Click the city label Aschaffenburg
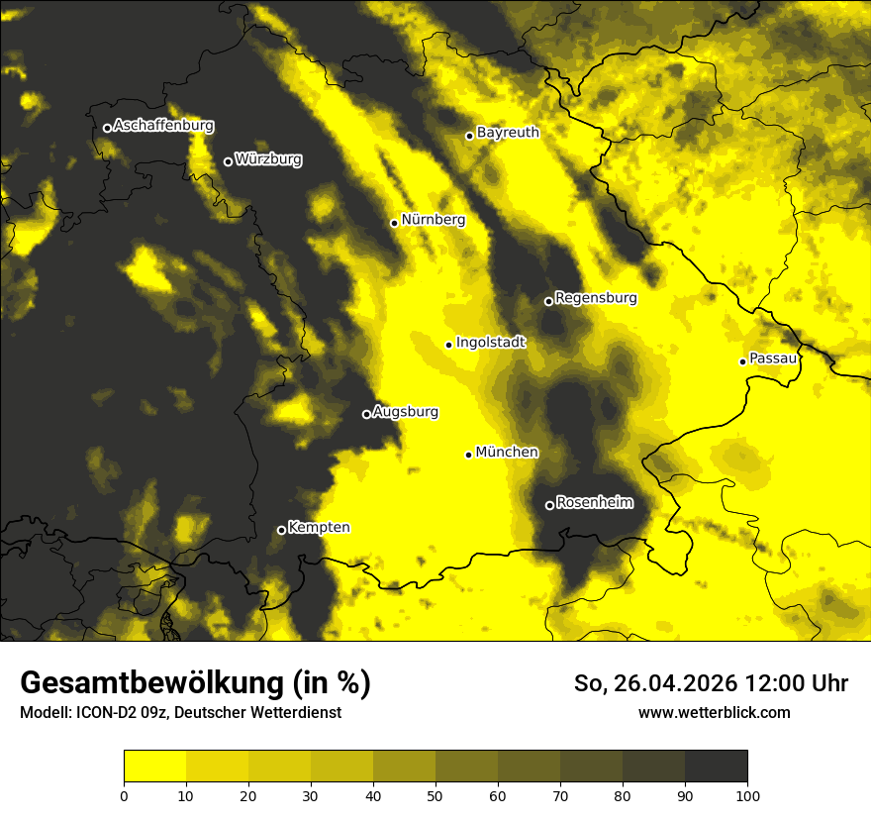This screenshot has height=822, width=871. point(163,126)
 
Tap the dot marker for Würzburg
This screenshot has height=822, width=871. point(228,161)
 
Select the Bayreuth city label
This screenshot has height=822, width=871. point(508,133)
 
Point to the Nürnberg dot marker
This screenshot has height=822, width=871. point(394,223)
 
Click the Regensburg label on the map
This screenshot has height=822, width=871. point(596,298)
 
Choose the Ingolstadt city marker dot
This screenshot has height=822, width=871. point(449,345)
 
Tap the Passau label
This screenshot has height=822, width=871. point(773,359)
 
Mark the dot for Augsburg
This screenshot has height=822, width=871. point(366,414)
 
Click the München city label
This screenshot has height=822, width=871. point(507,453)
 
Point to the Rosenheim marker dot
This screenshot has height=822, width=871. point(549,505)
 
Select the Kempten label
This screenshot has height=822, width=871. point(319,528)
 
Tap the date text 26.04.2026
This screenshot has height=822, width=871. point(677,683)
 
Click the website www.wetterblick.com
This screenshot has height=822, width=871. point(715,712)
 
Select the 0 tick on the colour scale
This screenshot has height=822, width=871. point(124,795)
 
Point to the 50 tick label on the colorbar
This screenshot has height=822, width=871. point(435,795)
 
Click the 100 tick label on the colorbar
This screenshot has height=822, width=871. point(747,795)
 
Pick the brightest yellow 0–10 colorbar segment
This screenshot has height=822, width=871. point(154,767)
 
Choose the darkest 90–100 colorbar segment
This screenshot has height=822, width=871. point(716,767)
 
